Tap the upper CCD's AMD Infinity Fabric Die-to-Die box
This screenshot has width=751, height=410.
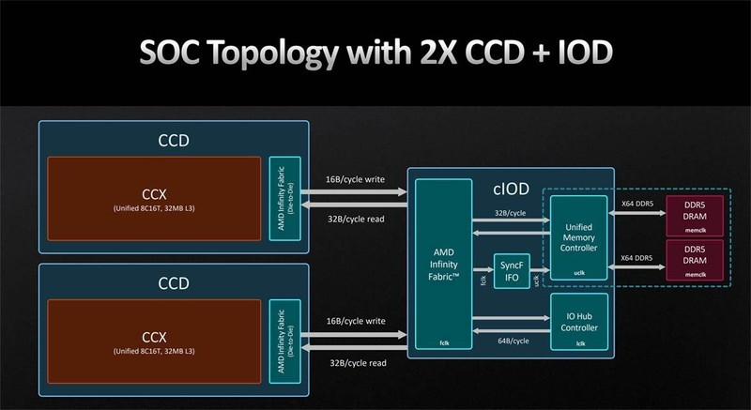[x=283, y=199]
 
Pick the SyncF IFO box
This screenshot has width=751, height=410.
[x=512, y=271]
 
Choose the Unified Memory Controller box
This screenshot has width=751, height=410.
[x=578, y=235]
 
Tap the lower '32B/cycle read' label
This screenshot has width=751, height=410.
[x=358, y=361]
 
